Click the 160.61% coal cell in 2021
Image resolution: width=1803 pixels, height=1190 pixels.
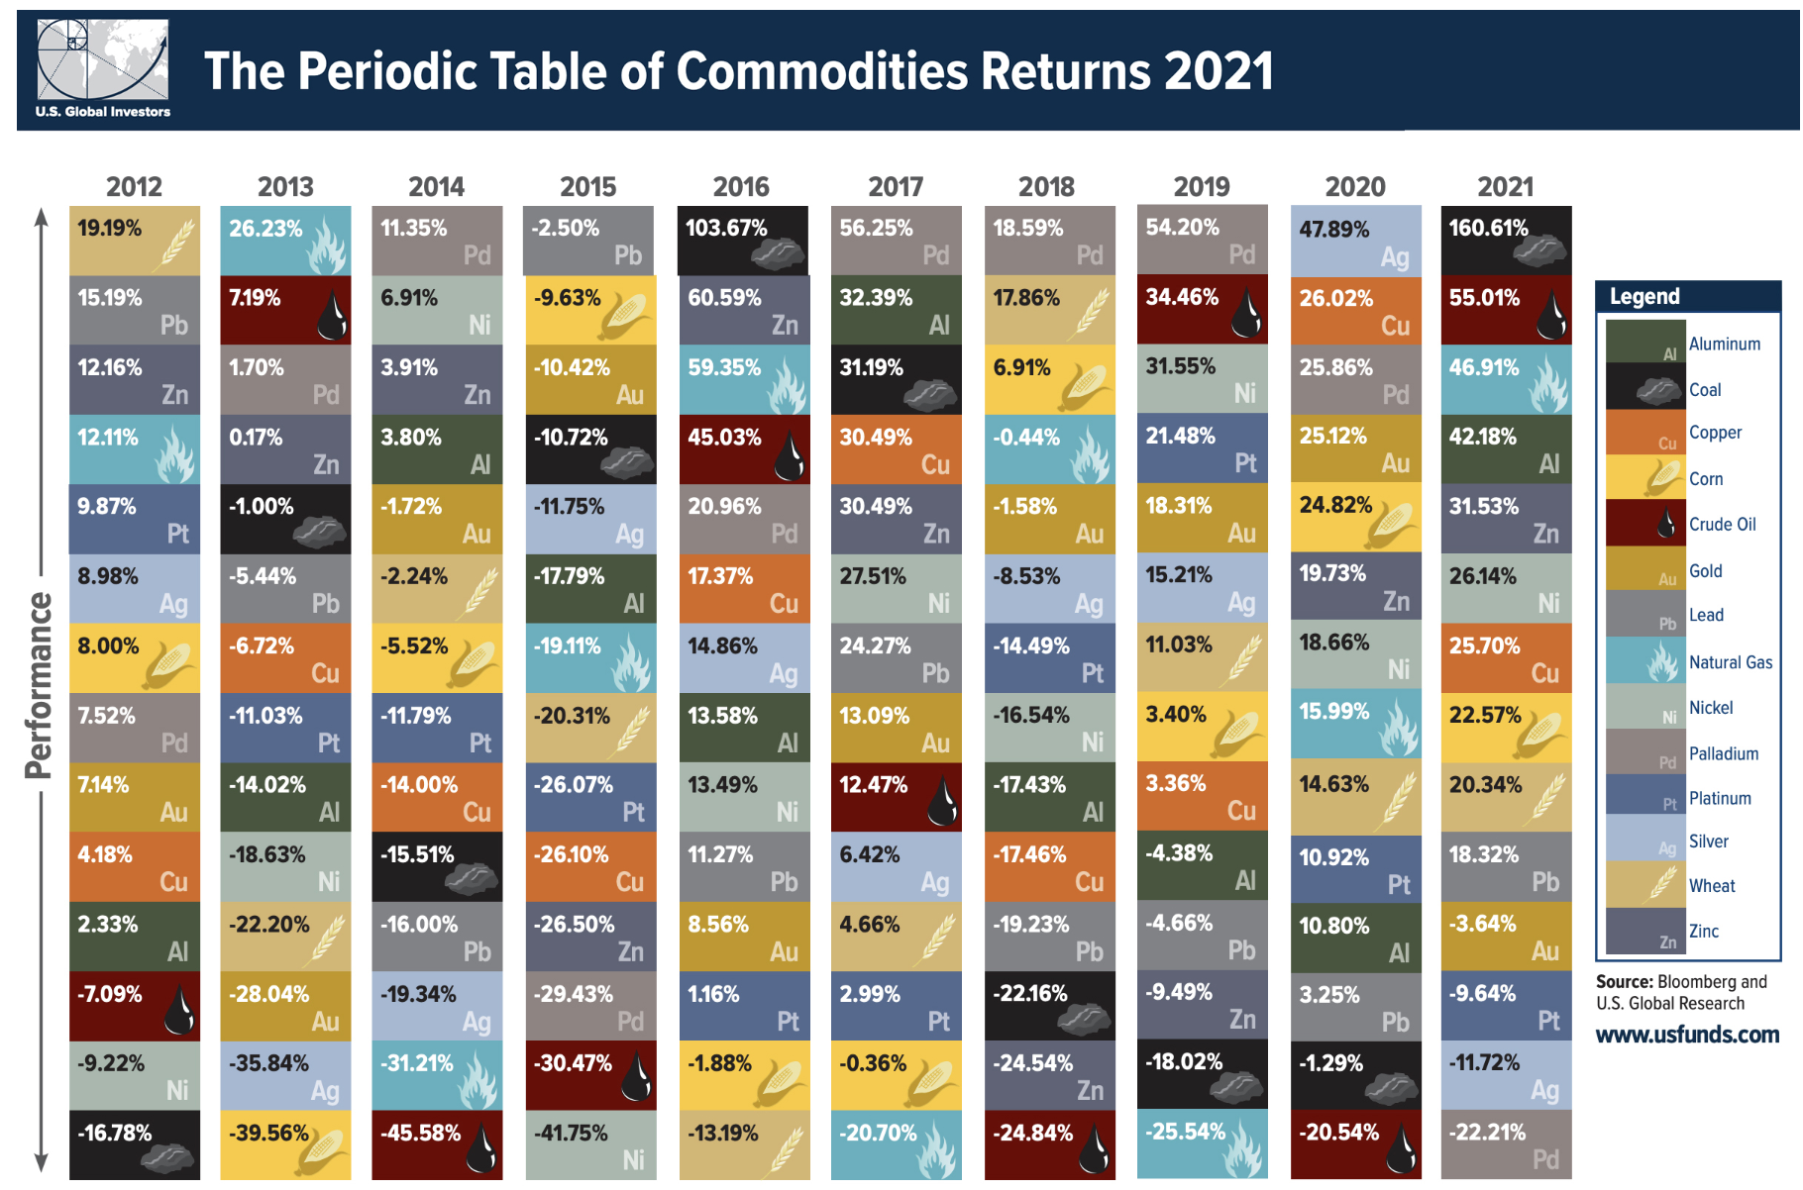pyautogui.click(x=1506, y=241)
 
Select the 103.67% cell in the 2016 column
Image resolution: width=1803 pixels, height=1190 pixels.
pyautogui.click(x=742, y=241)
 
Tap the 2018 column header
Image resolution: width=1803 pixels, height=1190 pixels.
pyautogui.click(x=1046, y=186)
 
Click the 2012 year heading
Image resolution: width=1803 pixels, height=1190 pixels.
pyautogui.click(x=134, y=186)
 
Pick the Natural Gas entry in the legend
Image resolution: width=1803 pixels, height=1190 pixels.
pyautogui.click(x=1730, y=662)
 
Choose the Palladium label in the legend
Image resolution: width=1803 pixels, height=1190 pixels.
pyautogui.click(x=1723, y=753)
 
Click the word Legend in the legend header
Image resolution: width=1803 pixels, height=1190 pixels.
pyautogui.click(x=1644, y=296)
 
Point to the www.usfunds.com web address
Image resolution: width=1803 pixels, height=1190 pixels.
pyautogui.click(x=1687, y=1035)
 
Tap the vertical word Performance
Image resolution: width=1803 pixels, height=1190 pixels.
pyautogui.click(x=39, y=685)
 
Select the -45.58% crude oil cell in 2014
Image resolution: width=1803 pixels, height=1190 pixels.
pyautogui.click(x=437, y=1145)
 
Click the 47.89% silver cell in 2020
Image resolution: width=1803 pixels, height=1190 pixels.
pyautogui.click(x=1355, y=241)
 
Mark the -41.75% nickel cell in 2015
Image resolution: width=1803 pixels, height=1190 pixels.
pyautogui.click(x=588, y=1145)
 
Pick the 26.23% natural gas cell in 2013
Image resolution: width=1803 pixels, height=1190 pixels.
pyautogui.click(x=285, y=241)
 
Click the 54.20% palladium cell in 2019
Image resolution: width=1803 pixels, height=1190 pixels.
pyautogui.click(x=1202, y=241)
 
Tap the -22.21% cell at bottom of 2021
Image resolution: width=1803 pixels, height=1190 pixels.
pyautogui.click(x=1506, y=1145)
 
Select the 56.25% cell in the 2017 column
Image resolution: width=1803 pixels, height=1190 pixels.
pyautogui.click(x=896, y=241)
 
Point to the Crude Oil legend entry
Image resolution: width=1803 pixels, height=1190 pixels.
pyautogui.click(x=1722, y=525)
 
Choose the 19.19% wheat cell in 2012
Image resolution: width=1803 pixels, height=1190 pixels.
pyautogui.click(x=134, y=241)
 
